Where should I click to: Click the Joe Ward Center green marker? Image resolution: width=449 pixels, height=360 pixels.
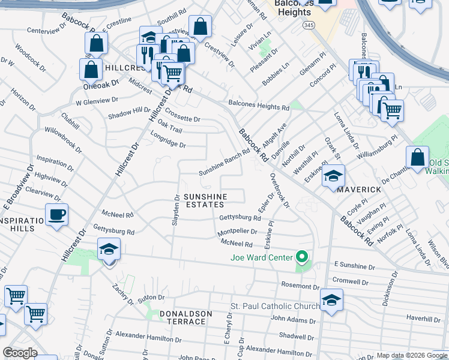(x=303, y=258)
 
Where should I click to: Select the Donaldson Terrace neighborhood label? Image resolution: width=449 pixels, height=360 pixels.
(x=185, y=317)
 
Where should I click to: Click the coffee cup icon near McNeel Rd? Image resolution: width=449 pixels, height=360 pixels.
(x=56, y=214)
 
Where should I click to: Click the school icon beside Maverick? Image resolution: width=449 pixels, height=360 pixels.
(x=333, y=176)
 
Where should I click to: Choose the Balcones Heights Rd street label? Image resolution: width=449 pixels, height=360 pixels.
(x=259, y=107)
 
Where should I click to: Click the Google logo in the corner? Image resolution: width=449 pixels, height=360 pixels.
(x=20, y=353)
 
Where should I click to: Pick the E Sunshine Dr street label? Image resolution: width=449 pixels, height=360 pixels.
(x=354, y=265)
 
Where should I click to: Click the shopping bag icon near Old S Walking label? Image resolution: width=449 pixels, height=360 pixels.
(x=417, y=158)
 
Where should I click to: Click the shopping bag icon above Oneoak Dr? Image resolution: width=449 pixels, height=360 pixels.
(x=90, y=69)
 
